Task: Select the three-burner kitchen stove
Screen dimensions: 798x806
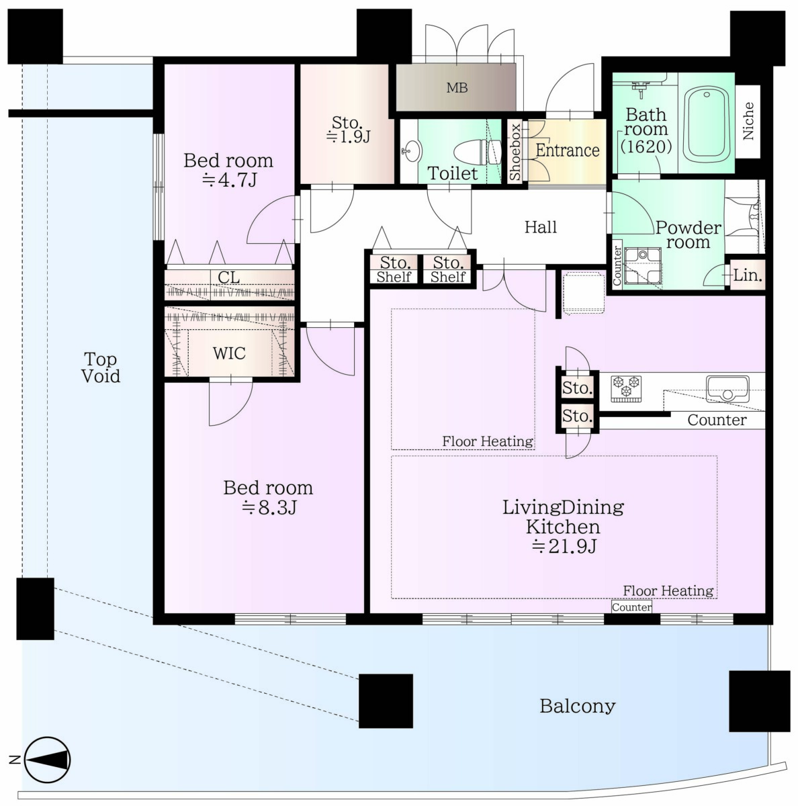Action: [625, 389]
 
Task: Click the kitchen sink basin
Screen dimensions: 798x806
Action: [727, 389]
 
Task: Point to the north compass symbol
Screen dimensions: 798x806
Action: [47, 760]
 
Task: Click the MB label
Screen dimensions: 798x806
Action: [457, 88]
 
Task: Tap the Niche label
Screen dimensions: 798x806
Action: [748, 121]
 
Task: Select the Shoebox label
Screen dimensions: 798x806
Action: [515, 151]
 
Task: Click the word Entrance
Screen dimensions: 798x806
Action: [568, 150]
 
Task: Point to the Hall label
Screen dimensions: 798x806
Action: [541, 227]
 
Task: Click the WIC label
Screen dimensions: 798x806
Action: [229, 353]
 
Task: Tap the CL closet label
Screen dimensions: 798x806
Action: [228, 277]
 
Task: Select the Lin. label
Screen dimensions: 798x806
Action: [748, 275]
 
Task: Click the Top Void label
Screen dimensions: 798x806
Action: [101, 367]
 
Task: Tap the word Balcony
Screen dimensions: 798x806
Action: [578, 707]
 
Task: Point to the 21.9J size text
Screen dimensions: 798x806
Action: [564, 546]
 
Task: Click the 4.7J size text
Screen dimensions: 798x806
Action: [229, 180]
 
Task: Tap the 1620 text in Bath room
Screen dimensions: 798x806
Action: [646, 146]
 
